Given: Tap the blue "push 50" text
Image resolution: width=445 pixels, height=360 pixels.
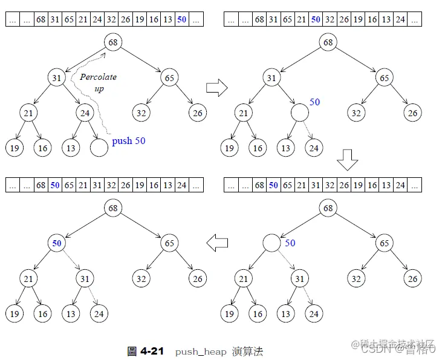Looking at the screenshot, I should (x=129, y=141).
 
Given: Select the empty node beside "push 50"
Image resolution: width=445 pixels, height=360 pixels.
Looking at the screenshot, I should (x=99, y=147).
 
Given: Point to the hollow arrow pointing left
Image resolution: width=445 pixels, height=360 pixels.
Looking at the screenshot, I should (x=217, y=243).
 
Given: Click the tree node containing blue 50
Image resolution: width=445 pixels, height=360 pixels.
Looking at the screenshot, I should (x=57, y=243).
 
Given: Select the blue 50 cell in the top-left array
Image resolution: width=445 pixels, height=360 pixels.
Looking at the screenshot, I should (x=182, y=19).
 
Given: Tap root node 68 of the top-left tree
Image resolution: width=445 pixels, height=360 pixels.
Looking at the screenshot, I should (x=113, y=42).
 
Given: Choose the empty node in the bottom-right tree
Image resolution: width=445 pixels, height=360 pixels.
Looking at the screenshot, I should (x=271, y=243).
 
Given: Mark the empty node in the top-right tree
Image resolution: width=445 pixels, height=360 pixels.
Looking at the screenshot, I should (x=299, y=113).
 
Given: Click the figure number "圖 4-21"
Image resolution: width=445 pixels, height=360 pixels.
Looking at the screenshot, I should (x=145, y=351).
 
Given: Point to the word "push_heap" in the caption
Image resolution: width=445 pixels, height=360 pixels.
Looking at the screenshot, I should (x=201, y=352).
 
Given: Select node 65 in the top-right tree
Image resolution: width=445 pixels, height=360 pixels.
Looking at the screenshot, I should (x=384, y=77).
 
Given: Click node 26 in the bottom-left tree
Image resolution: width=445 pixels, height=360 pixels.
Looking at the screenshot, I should (x=197, y=279).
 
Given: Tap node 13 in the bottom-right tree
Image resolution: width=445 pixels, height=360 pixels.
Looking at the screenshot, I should (x=285, y=313).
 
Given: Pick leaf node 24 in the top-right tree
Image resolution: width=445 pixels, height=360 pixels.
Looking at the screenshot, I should (x=313, y=148).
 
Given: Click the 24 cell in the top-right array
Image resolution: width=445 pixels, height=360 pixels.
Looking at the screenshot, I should (x=400, y=19).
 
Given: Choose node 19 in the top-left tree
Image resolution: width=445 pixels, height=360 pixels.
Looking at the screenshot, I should (x=14, y=147).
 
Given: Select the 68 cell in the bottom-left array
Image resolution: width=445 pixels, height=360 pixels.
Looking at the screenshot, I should (x=41, y=185).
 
